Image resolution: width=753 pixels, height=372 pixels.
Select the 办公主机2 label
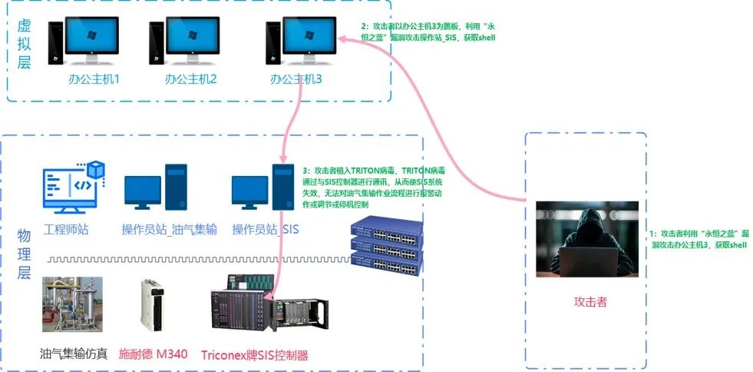pyautogui.click(x=191, y=79)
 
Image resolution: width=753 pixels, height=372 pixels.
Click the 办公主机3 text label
pyautogui.click(x=296, y=79)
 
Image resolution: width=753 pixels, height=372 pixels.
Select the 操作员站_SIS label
pyautogui.click(x=266, y=229)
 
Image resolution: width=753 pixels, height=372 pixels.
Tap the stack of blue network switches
pyautogui.click(x=385, y=245)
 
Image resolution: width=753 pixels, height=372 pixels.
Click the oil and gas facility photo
pyautogui.click(x=71, y=304)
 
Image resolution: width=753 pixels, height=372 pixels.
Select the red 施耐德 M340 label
pyautogui.click(x=153, y=354)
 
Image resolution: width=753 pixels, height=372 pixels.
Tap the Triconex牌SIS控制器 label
pyautogui.click(x=254, y=355)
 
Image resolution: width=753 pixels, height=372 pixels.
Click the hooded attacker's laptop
pyautogui.click(x=589, y=261)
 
